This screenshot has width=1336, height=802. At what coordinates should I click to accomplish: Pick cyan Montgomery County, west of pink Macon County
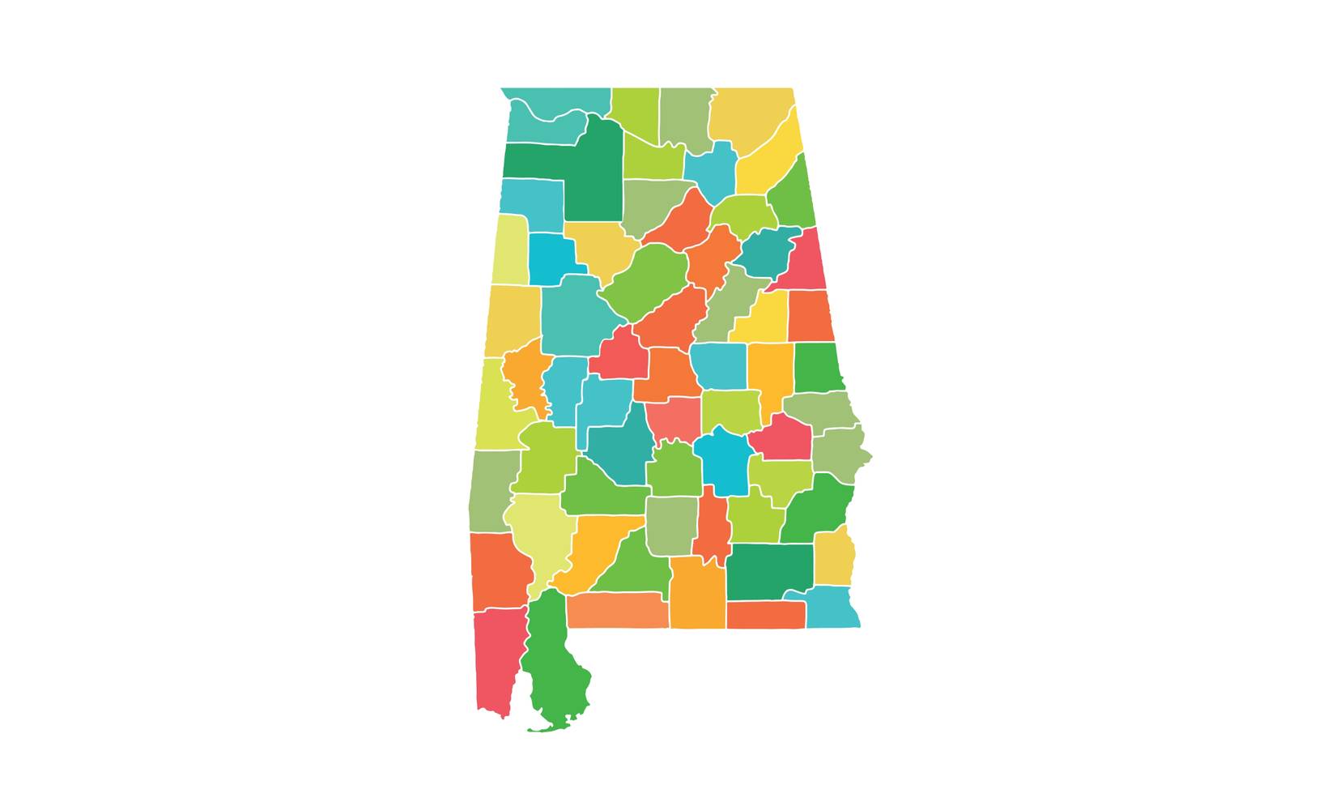pos(723,462)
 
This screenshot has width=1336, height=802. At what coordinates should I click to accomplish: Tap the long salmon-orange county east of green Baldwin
pos(617,610)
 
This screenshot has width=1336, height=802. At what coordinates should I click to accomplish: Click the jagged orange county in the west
pos(526,377)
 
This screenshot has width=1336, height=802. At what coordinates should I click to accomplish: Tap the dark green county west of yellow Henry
pos(769,570)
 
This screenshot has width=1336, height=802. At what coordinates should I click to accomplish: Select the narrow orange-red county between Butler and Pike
pos(713,531)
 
